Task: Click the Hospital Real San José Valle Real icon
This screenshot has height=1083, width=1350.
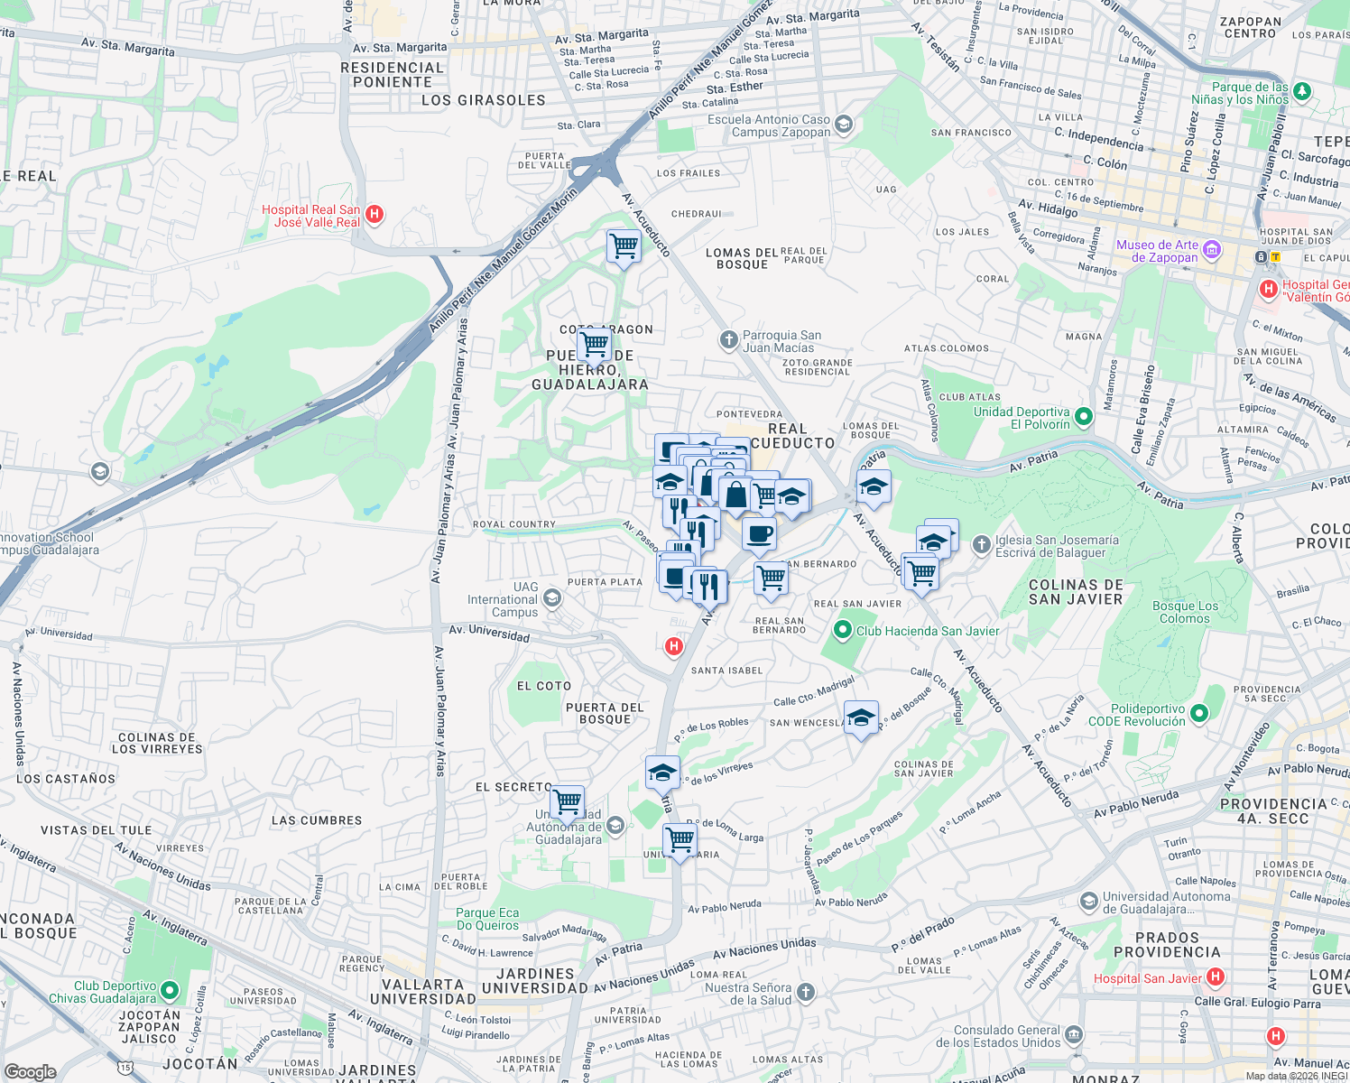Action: point(374,215)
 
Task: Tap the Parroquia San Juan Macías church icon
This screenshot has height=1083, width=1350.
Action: point(728,340)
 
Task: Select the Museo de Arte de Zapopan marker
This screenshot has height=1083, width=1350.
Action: point(1212,250)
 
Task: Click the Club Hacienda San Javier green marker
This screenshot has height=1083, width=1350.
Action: point(843,630)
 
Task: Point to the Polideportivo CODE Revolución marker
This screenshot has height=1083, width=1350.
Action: point(1199,714)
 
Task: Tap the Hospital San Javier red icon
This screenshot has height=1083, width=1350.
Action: point(1216,977)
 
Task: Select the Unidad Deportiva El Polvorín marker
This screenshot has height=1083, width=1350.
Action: point(1084,417)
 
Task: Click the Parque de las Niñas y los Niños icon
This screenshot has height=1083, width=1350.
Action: point(1301,91)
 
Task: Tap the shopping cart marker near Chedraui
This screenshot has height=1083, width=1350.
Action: point(624,245)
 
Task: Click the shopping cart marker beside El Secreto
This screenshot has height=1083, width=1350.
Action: point(568,801)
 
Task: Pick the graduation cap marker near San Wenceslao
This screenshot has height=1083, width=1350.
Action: point(861,718)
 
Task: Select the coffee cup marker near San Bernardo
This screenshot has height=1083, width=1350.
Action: point(759,533)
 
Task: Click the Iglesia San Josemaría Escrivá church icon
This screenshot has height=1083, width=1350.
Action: point(982,545)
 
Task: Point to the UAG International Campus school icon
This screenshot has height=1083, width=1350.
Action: point(552,598)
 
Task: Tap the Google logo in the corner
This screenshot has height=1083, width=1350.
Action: point(30,1071)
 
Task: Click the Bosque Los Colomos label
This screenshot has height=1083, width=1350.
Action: point(1185,612)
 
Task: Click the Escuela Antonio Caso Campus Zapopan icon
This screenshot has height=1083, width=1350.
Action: point(844,125)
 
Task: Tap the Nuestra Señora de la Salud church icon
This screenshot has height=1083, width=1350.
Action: point(806,993)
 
